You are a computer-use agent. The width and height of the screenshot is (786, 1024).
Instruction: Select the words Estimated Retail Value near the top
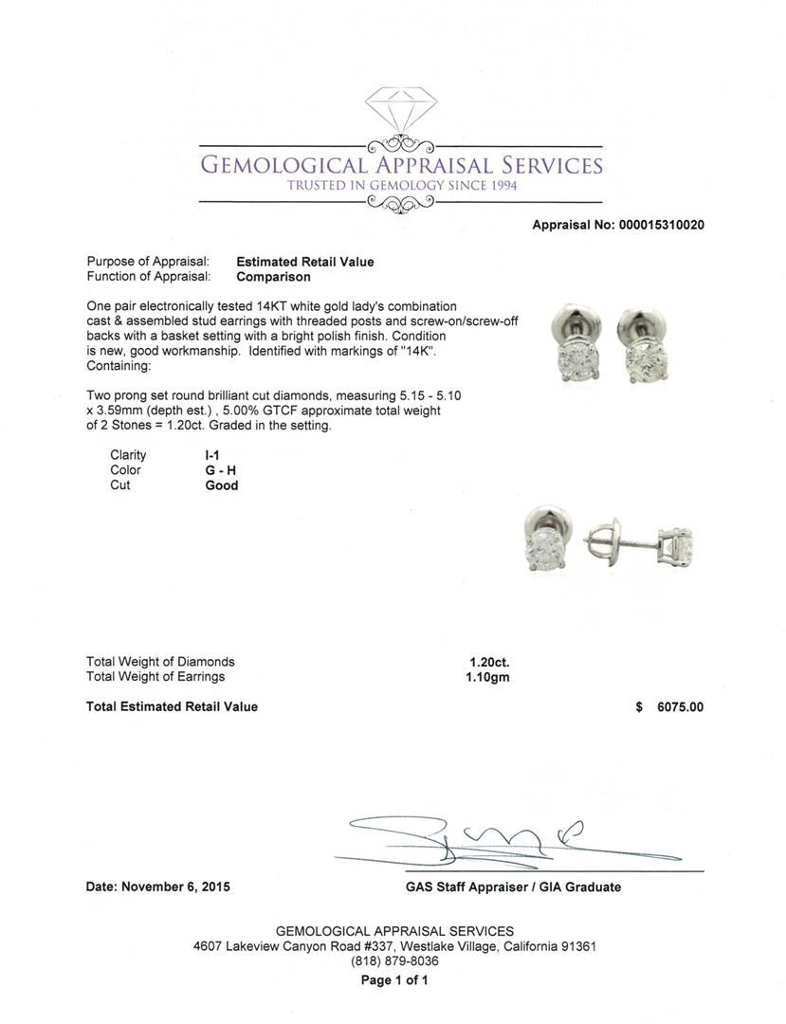click(304, 262)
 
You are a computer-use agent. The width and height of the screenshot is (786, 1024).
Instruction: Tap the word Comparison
click(273, 277)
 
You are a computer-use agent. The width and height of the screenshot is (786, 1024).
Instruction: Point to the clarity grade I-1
click(214, 455)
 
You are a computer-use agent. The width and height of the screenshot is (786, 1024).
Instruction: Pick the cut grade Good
click(221, 485)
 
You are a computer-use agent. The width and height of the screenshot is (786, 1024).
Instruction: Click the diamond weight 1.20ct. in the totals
click(489, 662)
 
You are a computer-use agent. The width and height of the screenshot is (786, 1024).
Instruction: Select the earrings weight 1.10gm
click(489, 677)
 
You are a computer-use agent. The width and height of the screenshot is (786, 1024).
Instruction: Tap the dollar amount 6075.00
click(680, 706)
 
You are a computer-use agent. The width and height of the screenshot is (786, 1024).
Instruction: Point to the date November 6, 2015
click(175, 887)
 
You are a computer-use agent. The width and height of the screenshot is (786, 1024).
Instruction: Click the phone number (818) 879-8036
click(394, 960)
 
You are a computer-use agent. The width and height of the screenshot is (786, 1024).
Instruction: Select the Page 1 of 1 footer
click(394, 980)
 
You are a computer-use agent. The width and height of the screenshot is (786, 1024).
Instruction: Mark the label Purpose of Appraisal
click(148, 262)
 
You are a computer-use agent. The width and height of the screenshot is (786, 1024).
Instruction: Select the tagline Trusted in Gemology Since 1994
click(402, 186)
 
